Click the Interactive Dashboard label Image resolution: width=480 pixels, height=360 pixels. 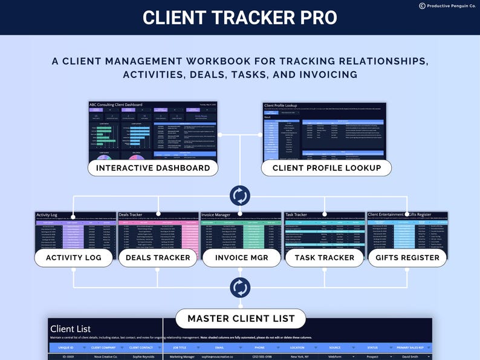[153, 168]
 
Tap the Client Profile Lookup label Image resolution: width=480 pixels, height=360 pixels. [326, 168]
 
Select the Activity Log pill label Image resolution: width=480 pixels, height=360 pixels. [73, 257]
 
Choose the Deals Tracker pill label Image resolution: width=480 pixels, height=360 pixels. [158, 257]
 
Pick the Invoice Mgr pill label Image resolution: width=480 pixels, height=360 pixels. [240, 257]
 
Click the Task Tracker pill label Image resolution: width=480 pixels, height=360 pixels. [324, 257]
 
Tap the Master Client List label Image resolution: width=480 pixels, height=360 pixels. [241, 318]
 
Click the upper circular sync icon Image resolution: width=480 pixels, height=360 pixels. [240, 196]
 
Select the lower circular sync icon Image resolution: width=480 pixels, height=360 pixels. [240, 288]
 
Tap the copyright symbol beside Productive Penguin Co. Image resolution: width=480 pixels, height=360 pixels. [422, 5]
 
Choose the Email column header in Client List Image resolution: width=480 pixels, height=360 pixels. [219, 348]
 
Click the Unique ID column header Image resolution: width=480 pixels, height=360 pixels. [65, 348]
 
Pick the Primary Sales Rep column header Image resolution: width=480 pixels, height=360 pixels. [410, 348]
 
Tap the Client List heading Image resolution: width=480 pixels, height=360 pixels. [71, 329]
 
